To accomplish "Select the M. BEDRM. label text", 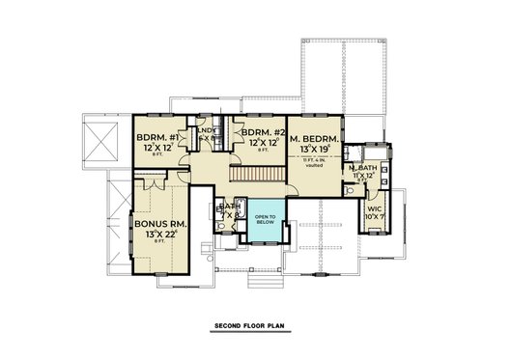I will point(314,138).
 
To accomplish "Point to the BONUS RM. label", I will point(158,221).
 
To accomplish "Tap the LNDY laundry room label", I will point(206,130).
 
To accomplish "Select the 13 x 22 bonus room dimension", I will point(160,234).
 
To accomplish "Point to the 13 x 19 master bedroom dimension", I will point(314,151).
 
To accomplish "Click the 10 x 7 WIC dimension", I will point(374,217).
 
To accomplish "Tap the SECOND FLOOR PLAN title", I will point(255,328).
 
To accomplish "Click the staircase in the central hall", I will point(258,175).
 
